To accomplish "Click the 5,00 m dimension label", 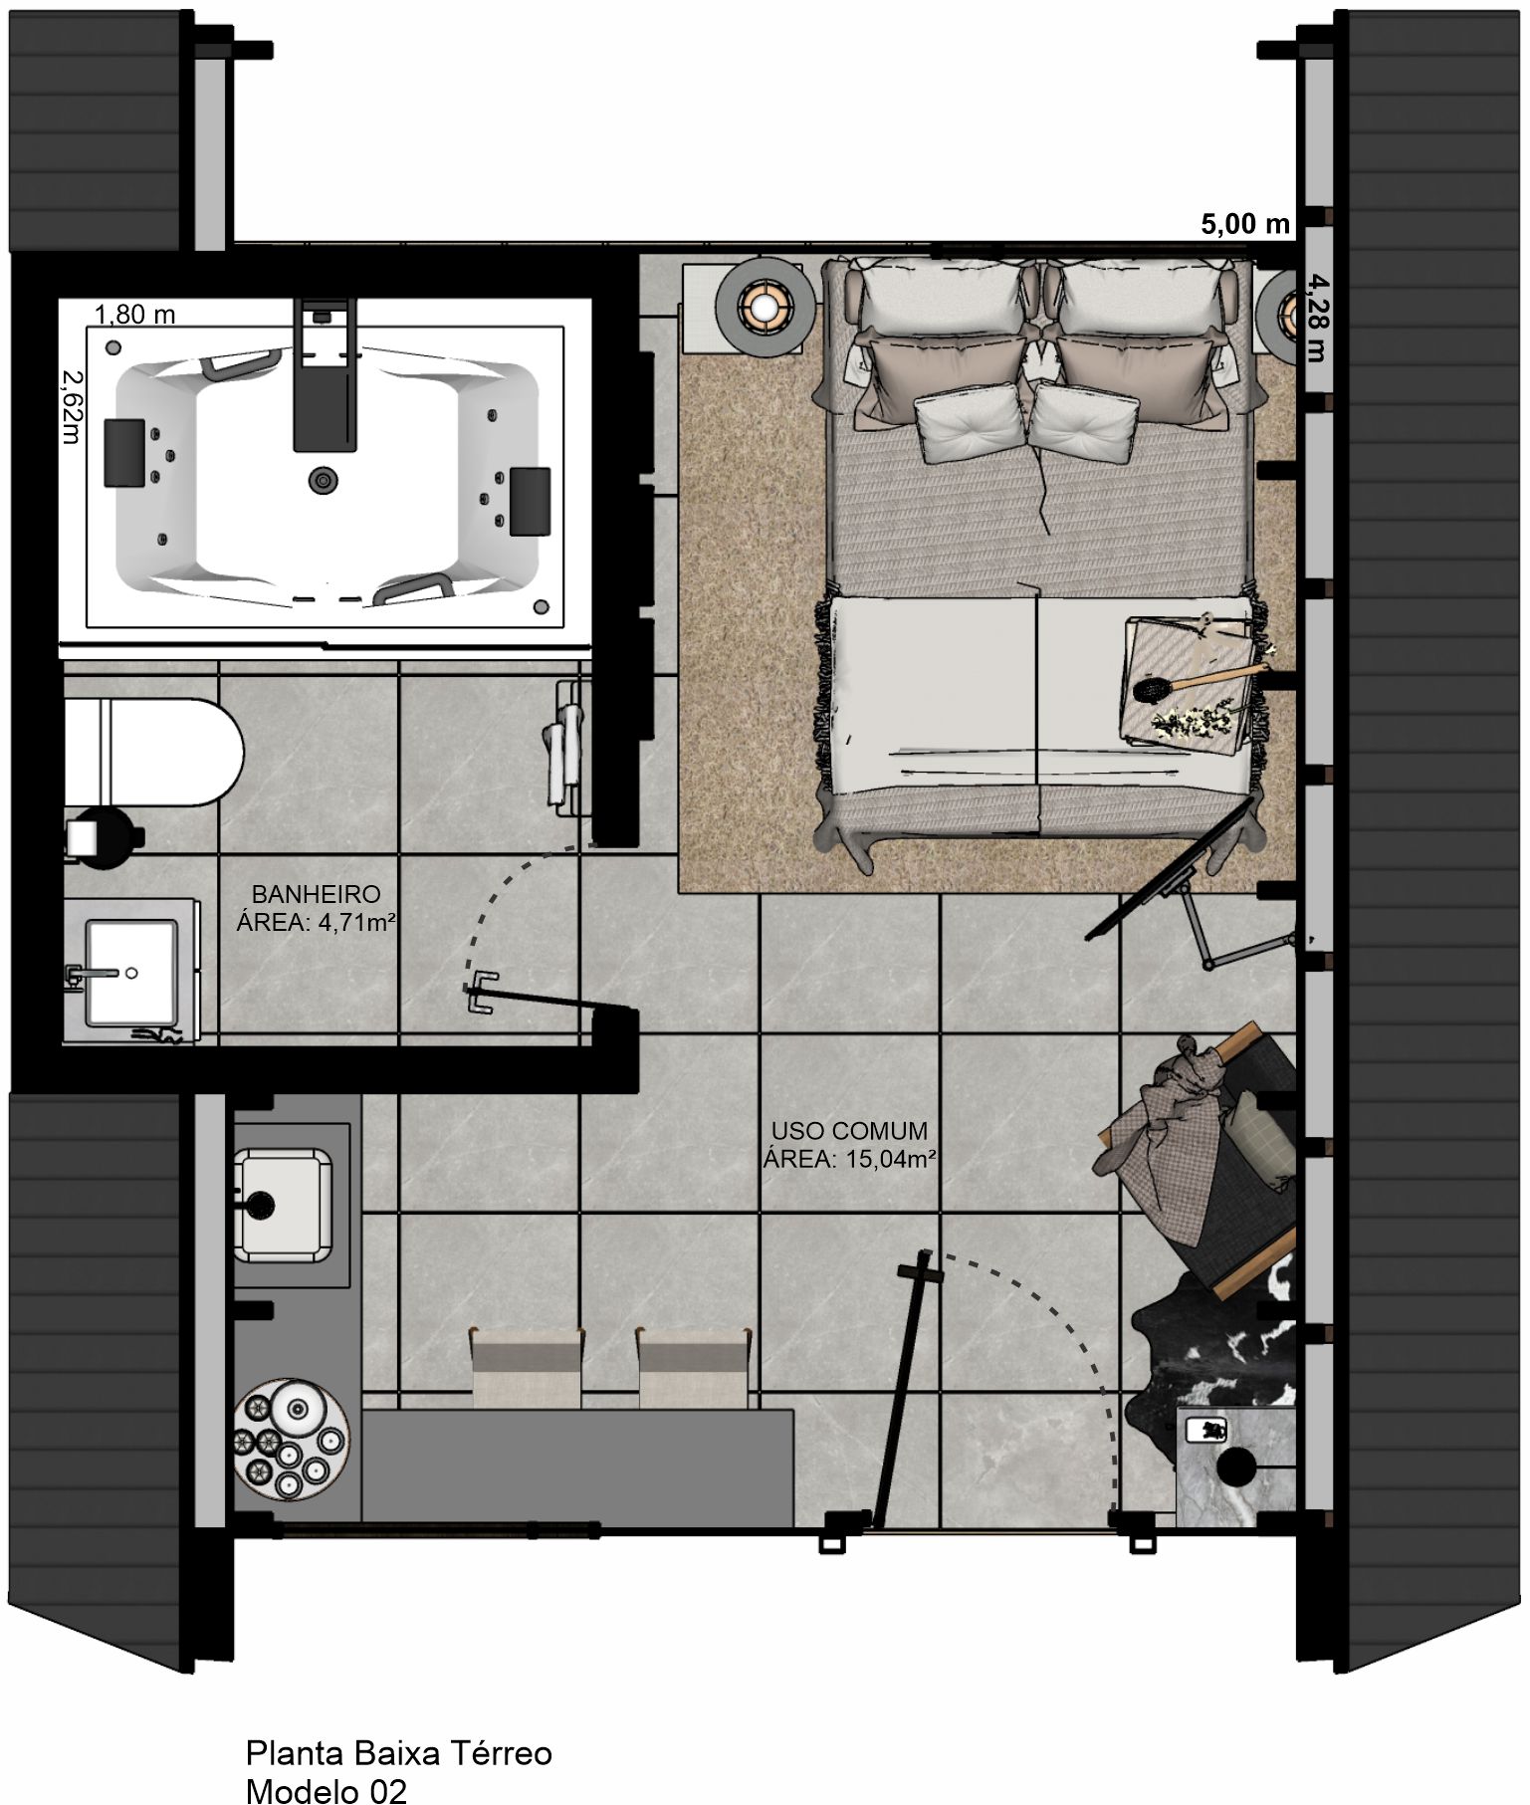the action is point(1244,224).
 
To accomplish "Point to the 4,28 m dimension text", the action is point(1316,318).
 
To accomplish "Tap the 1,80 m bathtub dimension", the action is point(134,315).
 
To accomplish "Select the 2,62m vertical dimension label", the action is point(73,406).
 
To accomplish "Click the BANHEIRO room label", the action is point(316,894).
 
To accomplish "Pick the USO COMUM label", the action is point(849,1131).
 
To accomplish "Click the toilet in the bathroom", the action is point(149,753).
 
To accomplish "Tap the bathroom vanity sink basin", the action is point(130,972).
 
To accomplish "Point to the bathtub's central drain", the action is point(323,480).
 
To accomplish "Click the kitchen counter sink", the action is point(284,1205).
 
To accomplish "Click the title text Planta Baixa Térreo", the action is point(398,1752).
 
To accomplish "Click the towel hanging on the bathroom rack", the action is point(563,752).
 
